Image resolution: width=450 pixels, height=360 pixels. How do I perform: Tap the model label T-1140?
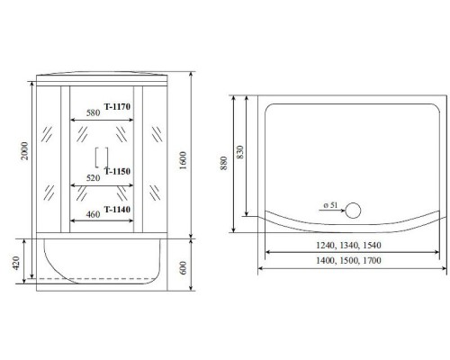click(119, 209)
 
